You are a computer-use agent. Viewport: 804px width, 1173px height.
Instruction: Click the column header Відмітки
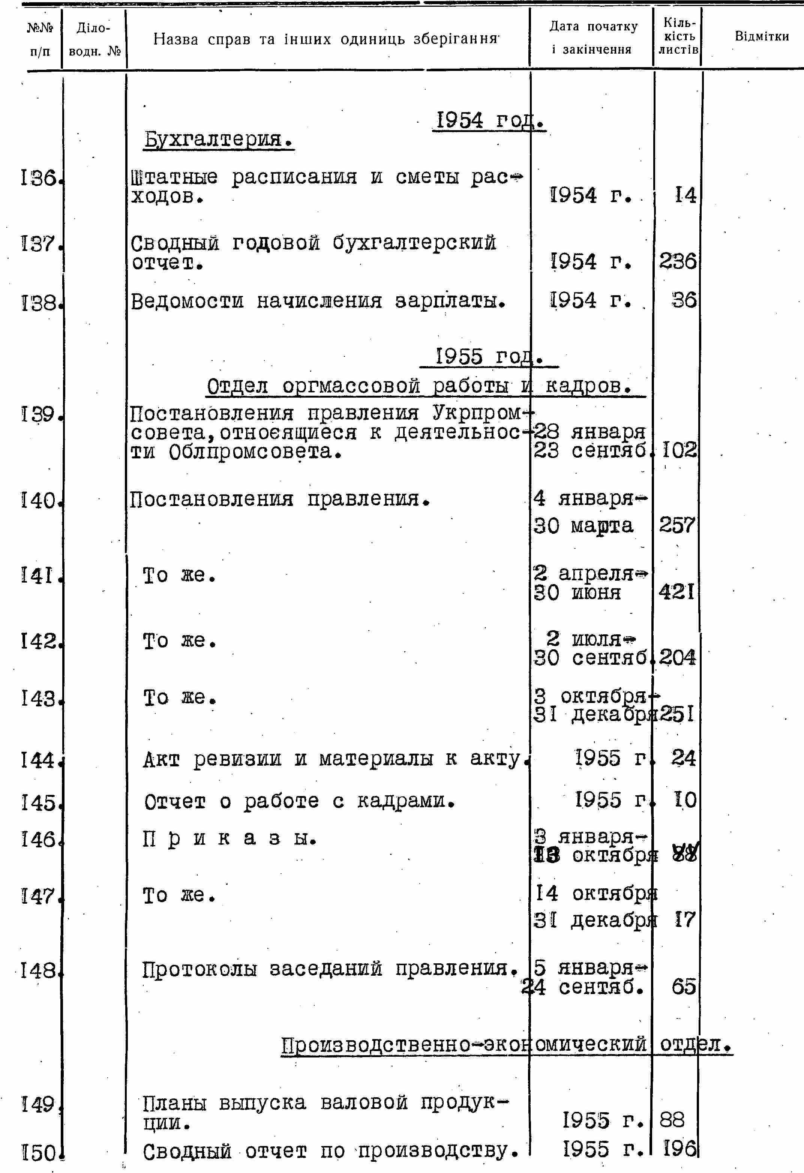click(761, 36)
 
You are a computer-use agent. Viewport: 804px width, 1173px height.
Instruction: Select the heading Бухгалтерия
click(219, 139)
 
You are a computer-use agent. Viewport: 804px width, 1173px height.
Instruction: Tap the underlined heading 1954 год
click(489, 121)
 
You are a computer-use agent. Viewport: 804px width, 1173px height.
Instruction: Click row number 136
click(39, 178)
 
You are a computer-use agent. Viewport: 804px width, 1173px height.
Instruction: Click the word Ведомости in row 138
click(187, 301)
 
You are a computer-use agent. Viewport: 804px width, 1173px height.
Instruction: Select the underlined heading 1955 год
click(489, 357)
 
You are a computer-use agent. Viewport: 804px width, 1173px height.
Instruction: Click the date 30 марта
click(583, 526)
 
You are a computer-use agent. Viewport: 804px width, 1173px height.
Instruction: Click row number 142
click(39, 641)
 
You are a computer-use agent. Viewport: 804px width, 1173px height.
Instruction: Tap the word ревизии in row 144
click(237, 758)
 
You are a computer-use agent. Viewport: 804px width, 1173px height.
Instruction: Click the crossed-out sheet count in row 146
click(685, 855)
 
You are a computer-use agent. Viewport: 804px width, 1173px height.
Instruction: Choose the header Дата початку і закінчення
click(592, 38)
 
